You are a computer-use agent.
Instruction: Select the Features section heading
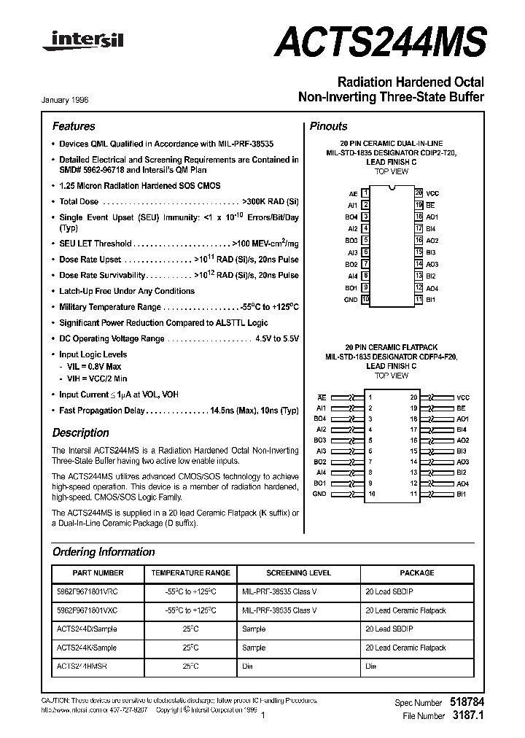74,126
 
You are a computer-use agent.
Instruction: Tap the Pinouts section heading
329,126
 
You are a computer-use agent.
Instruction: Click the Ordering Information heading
104,552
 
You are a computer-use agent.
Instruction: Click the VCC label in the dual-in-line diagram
432,193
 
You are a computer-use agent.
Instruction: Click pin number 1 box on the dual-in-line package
366,193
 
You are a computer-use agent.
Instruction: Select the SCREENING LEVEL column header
298,573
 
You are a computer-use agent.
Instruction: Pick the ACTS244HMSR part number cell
87,667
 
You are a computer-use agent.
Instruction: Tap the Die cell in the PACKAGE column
371,667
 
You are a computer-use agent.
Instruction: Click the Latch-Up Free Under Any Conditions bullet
127,291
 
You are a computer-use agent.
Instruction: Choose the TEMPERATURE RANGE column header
191,573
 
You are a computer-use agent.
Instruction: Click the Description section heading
81,432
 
